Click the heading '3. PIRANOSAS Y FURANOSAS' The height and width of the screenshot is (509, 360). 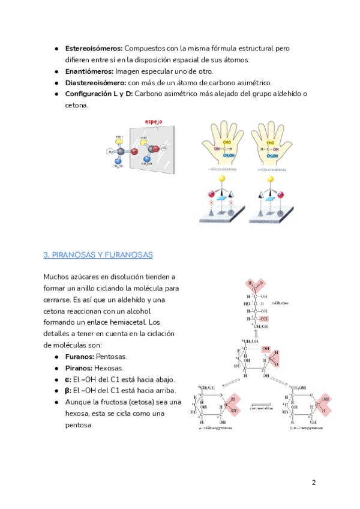tap(98, 255)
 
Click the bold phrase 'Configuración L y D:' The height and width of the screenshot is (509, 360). tap(99, 94)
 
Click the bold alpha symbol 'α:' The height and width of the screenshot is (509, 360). tap(68, 379)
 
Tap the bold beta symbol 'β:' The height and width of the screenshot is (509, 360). tap(68, 391)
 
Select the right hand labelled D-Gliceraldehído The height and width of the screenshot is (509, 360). tap(272, 146)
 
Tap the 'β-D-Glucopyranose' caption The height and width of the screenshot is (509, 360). tap(311, 430)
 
